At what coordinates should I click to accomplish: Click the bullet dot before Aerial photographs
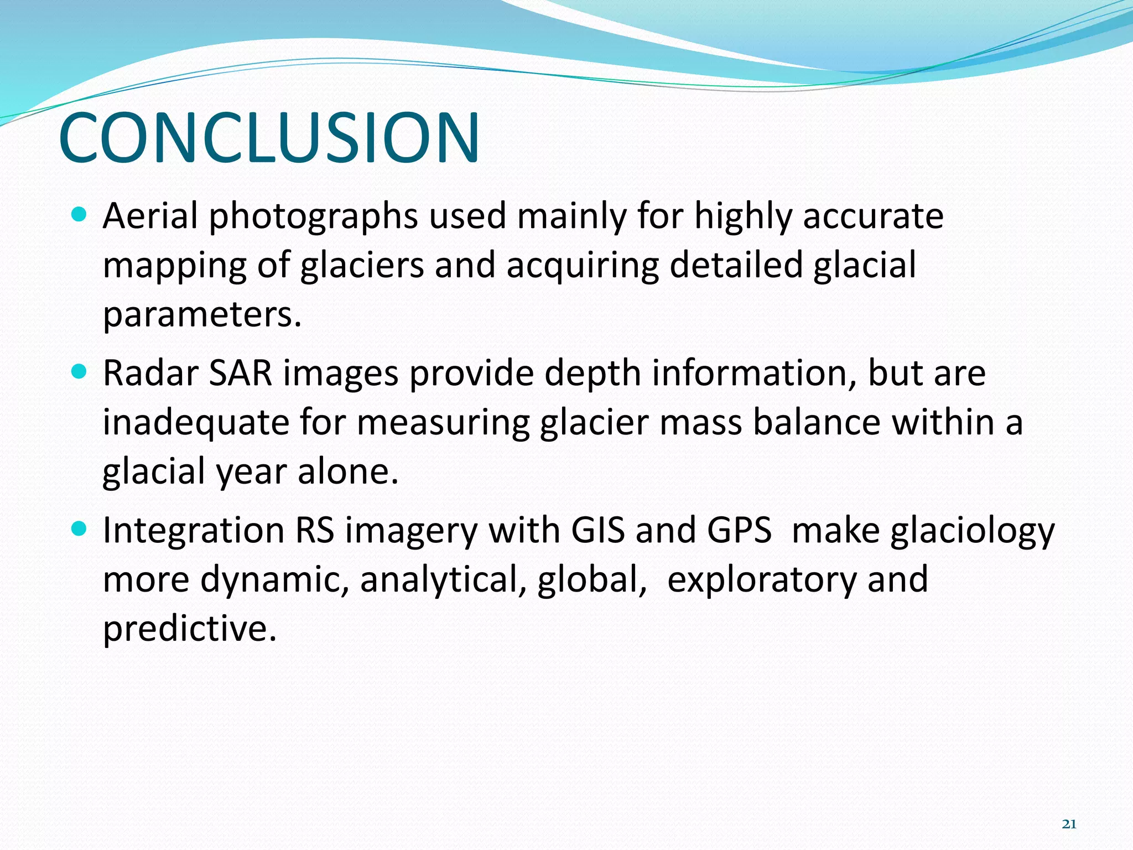(80, 214)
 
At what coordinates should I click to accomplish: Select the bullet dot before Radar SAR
(80, 372)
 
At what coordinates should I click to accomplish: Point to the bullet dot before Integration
(80, 529)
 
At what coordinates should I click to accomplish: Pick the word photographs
(313, 217)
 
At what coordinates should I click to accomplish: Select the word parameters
(202, 315)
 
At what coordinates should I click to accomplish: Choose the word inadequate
(196, 422)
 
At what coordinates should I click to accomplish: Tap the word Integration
(194, 531)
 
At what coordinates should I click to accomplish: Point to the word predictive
(189, 629)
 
